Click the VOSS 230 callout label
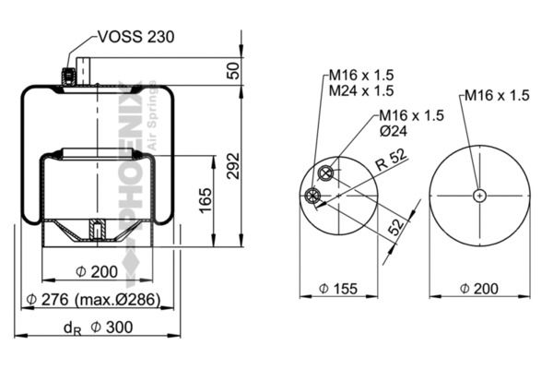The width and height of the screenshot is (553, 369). (x=135, y=37)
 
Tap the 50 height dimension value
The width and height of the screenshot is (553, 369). (x=233, y=71)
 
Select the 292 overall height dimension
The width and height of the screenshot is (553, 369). (x=233, y=166)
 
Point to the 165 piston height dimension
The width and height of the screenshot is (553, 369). (x=206, y=200)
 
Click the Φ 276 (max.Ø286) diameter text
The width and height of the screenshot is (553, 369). (x=93, y=300)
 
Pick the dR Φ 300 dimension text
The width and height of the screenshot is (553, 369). (x=98, y=327)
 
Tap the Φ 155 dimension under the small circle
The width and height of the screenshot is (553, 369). (x=338, y=289)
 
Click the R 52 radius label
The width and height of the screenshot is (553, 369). (x=391, y=160)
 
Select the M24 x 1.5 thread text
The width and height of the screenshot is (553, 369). (x=361, y=90)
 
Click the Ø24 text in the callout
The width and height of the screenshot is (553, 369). (x=394, y=131)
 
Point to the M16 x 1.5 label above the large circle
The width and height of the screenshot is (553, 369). (x=497, y=95)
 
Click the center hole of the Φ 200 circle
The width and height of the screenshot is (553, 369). (x=479, y=196)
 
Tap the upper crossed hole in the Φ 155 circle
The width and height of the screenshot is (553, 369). (x=325, y=173)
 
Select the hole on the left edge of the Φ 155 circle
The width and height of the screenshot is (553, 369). (x=312, y=196)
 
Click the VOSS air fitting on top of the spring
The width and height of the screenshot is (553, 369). (x=67, y=76)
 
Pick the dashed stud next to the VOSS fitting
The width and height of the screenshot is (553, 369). (x=84, y=72)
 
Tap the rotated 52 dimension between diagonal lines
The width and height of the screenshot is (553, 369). (x=395, y=226)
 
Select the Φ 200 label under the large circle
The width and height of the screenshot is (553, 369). (x=479, y=289)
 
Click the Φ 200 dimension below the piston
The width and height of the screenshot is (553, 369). (x=97, y=272)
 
